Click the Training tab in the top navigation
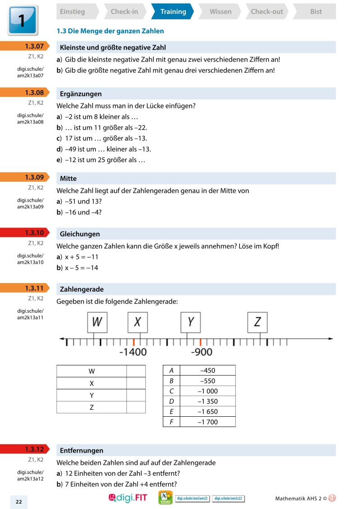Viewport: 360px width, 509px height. click(x=173, y=12)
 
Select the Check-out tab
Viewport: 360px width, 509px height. click(x=266, y=12)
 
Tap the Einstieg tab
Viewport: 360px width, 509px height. click(x=72, y=12)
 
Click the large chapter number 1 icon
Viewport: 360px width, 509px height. click(x=22, y=20)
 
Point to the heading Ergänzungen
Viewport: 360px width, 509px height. click(x=81, y=94)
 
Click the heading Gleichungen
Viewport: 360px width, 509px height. click(x=80, y=234)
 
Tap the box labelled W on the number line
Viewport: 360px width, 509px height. click(x=97, y=322)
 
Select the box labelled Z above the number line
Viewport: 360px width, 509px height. click(x=257, y=322)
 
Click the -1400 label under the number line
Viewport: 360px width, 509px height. click(x=133, y=352)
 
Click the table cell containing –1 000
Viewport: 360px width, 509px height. click(x=207, y=391)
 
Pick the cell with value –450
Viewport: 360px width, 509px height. click(x=207, y=370)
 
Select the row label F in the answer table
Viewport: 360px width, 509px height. click(x=171, y=422)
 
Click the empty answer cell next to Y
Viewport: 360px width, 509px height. click(x=136, y=395)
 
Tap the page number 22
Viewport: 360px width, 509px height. click(x=19, y=502)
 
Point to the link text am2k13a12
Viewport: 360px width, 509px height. click(x=31, y=478)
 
